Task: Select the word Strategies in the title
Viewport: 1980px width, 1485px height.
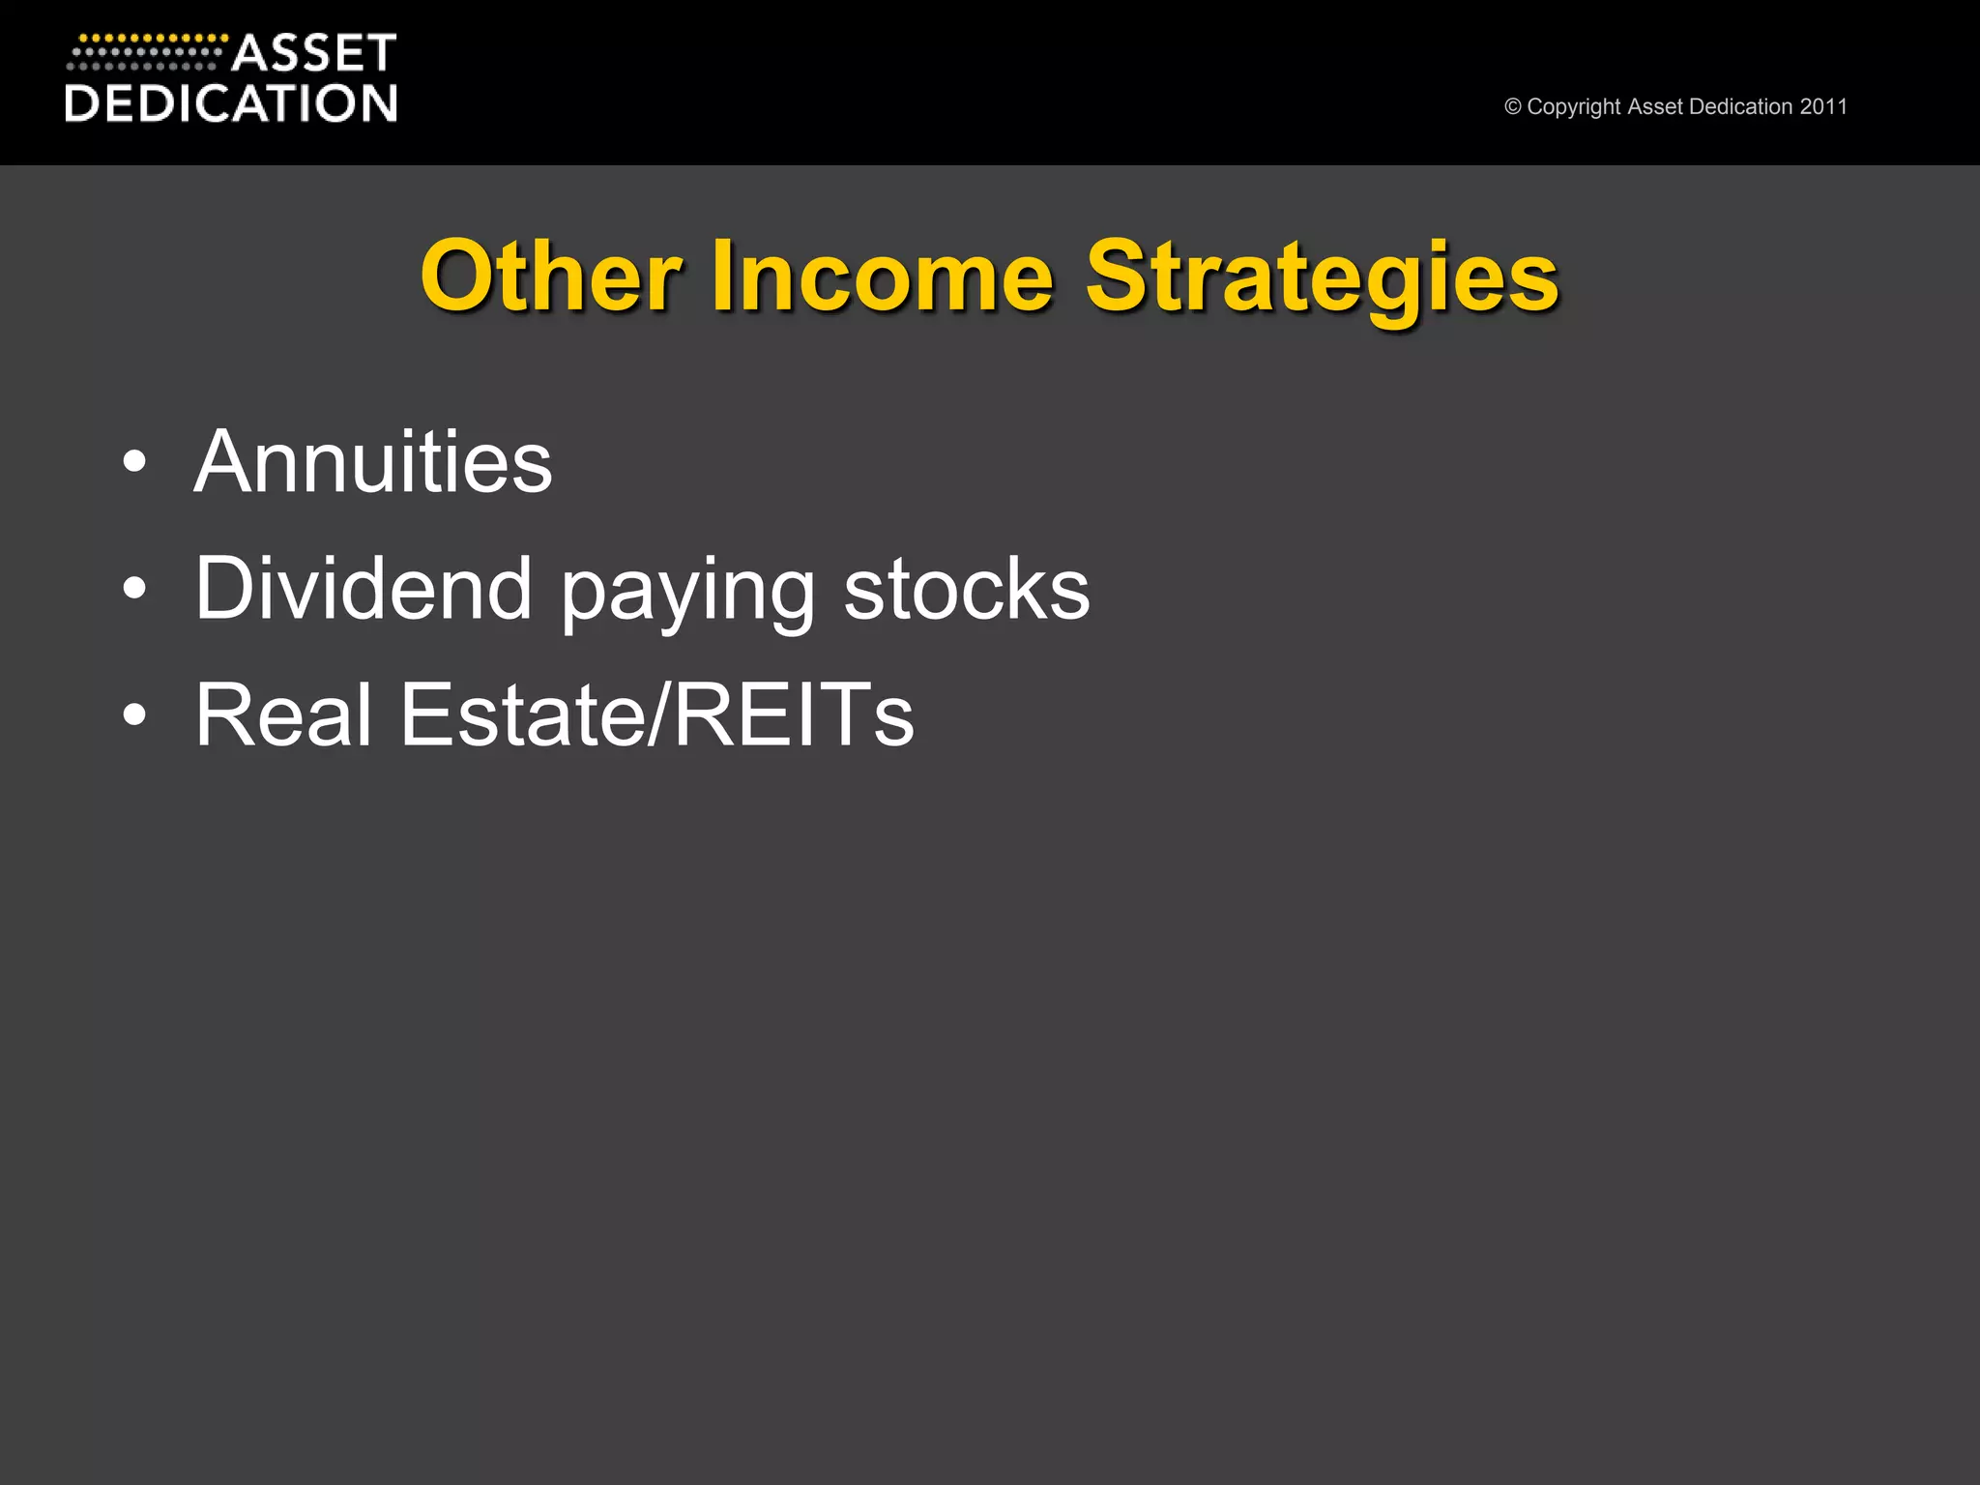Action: coord(1322,278)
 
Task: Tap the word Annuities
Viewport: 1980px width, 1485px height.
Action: coord(373,462)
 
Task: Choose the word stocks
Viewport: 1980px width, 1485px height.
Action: coord(966,589)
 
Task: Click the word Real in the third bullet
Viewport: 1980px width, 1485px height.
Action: coord(283,714)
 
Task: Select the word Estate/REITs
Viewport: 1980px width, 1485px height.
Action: coord(656,714)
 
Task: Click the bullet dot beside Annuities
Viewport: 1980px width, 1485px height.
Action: coord(134,463)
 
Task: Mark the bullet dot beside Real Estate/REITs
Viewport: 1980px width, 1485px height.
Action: coord(134,715)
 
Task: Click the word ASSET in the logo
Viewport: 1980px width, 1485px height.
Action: coord(314,53)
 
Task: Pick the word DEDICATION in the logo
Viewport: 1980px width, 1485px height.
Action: coord(231,103)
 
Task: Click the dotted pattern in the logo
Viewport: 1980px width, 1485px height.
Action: coord(145,53)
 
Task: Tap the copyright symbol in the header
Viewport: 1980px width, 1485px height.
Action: coord(1513,107)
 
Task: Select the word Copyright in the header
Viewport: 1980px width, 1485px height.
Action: coord(1574,107)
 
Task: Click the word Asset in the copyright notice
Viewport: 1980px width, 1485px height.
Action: coord(1655,106)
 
